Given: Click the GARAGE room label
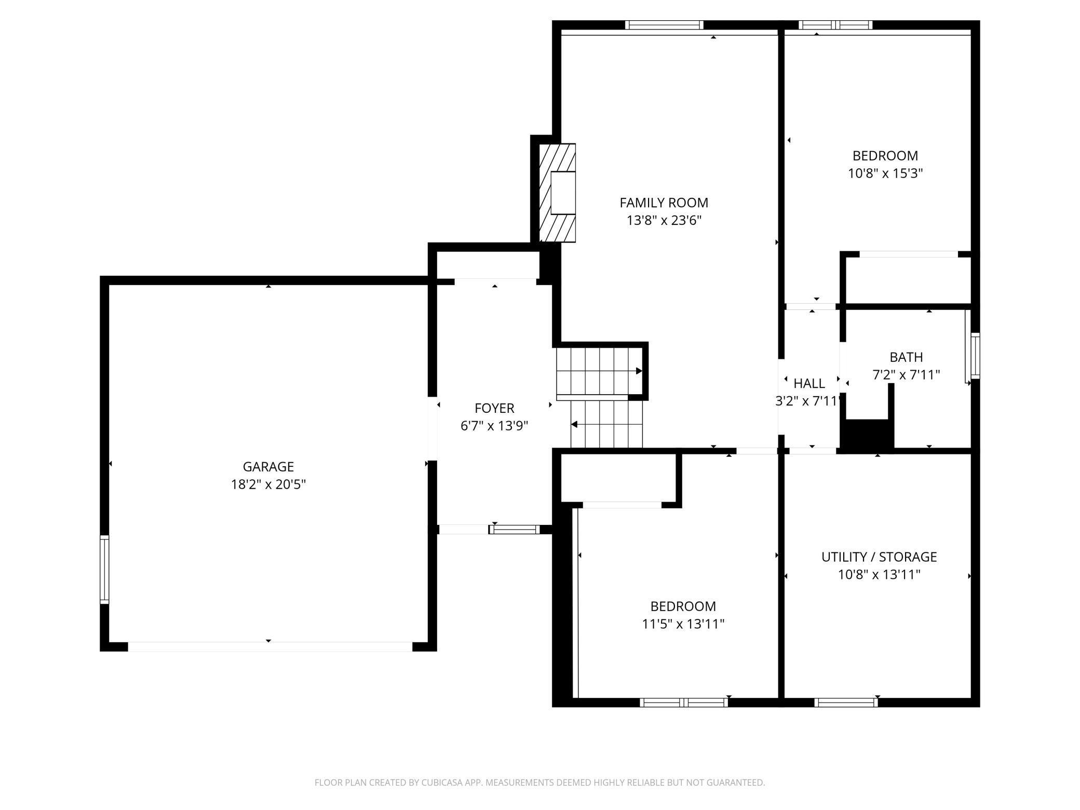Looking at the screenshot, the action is (x=268, y=466).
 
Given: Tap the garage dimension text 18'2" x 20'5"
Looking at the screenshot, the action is (x=268, y=484).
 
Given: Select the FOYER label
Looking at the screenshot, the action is (x=494, y=408).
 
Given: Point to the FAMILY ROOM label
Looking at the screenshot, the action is (x=664, y=203).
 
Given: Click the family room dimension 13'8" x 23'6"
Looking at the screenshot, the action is (x=664, y=221).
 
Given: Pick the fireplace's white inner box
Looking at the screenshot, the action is (x=563, y=193).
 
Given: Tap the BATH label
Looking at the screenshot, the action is (x=906, y=357).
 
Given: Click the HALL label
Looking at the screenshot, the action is (x=809, y=384).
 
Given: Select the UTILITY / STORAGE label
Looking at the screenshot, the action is (x=879, y=557).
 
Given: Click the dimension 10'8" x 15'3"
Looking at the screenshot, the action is (x=885, y=173).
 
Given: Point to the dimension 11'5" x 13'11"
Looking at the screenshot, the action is (x=683, y=624).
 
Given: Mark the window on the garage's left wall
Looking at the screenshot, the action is (x=104, y=570).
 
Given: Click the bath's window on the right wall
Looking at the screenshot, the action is (x=975, y=356).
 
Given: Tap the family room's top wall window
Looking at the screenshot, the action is (x=664, y=25).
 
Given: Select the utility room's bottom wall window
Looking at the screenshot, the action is (x=846, y=703).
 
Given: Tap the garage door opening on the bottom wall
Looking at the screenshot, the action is (x=270, y=647).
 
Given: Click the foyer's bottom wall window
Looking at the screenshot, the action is (x=514, y=530).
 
